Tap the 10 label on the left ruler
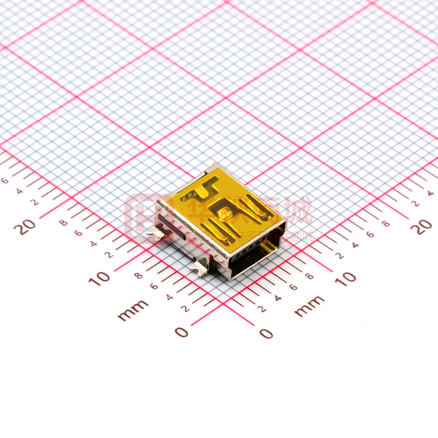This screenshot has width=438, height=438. (99, 277)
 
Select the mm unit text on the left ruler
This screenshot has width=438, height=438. (133, 310)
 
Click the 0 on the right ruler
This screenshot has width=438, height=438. (267, 333)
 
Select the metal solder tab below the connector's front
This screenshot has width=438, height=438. (199, 268)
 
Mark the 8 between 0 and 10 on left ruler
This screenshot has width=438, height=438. (138, 275)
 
